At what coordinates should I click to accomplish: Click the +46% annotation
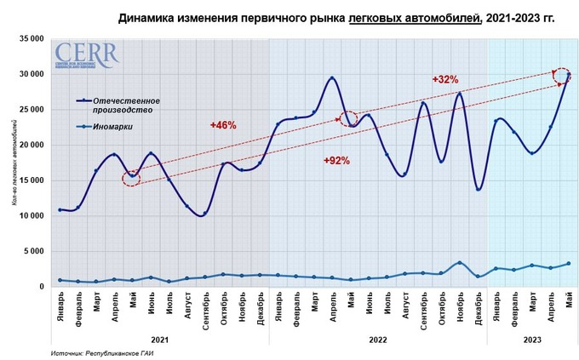pos(223,125)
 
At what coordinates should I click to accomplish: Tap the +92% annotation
pos(337,160)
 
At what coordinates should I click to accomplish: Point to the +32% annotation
pos(444,79)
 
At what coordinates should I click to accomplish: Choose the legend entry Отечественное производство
pos(129,106)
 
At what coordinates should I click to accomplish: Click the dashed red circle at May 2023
pos(561,76)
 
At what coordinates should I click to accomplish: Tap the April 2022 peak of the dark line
pos(331,78)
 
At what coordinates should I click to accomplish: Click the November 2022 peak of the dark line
pos(460,93)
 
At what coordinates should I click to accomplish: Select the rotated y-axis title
pos(15,162)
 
